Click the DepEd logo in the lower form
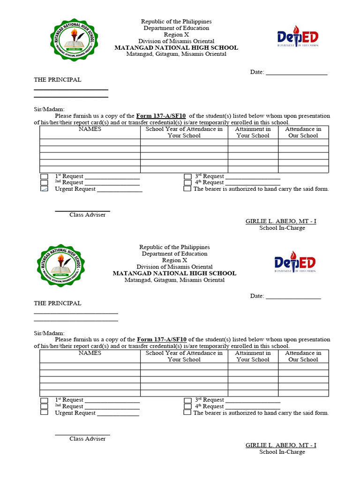pyautogui.click(x=295, y=262)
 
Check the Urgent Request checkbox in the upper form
pyautogui.click(x=44, y=189)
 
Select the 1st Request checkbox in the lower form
pyautogui.click(x=44, y=400)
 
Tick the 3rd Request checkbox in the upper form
pyautogui.click(x=187, y=177)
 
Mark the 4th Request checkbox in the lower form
pyautogui.click(x=187, y=406)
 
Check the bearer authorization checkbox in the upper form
pyautogui.click(x=187, y=189)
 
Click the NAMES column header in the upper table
pyautogui.click(x=90, y=129)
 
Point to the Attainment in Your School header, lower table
pyautogui.click(x=253, y=356)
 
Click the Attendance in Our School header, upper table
pyautogui.click(x=303, y=132)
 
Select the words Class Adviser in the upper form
pyautogui.click(x=88, y=215)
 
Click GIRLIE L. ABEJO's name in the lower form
pyautogui.click(x=281, y=445)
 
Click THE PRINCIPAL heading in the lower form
pyautogui.click(x=57, y=303)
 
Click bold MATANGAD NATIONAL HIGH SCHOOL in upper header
pyautogui.click(x=176, y=48)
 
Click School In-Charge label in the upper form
pyautogui.click(x=282, y=228)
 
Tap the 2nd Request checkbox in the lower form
pyautogui.click(x=44, y=406)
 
